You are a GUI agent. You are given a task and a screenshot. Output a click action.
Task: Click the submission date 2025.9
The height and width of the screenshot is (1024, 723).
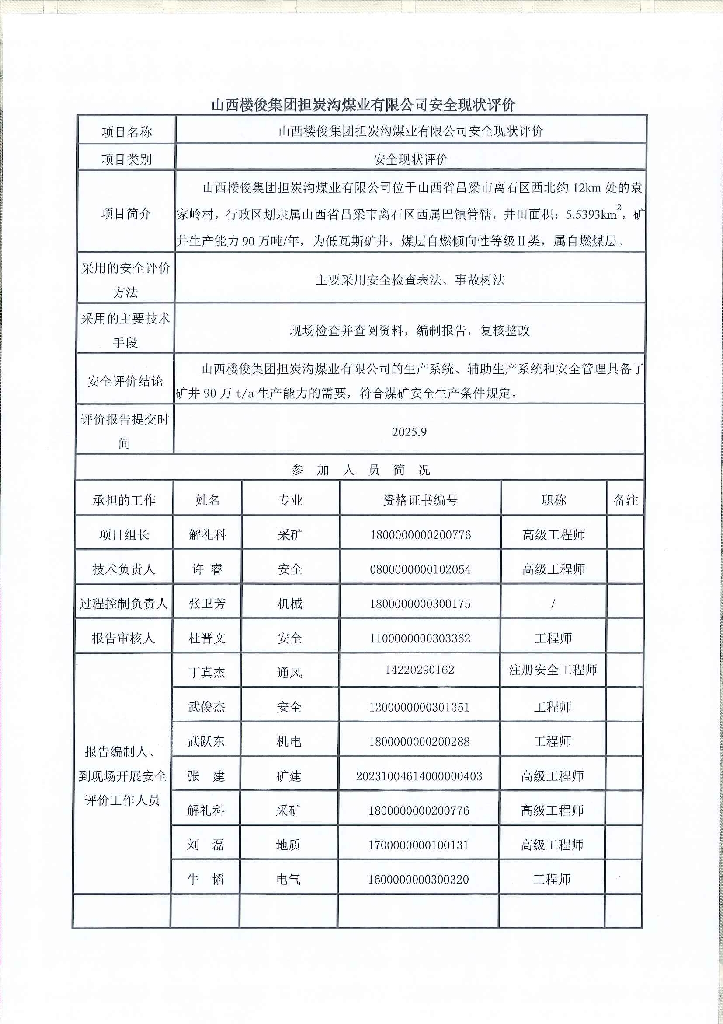coord(409,432)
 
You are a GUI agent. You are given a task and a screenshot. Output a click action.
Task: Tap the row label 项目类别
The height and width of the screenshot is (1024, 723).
coord(126,159)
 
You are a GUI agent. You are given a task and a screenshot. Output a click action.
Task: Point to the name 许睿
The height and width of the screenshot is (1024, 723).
coord(207,569)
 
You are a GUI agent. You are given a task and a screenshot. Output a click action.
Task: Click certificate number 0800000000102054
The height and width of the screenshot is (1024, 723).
coord(420,569)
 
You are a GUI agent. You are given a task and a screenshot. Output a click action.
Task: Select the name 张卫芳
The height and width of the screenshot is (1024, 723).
coord(207,603)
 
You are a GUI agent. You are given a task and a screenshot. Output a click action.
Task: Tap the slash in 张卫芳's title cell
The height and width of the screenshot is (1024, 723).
coord(553,603)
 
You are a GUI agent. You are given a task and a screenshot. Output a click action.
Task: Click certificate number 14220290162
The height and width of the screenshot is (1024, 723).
coord(420,670)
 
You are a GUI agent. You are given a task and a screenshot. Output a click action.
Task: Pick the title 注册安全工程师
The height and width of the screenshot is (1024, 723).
coord(553,670)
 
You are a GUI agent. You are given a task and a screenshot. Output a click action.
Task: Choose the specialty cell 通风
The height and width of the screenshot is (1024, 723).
coord(289,672)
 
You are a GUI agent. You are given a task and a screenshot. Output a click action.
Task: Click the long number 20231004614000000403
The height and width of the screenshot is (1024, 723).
coord(419,776)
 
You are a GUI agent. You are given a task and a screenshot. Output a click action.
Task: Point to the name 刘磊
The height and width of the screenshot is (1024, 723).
coord(206,845)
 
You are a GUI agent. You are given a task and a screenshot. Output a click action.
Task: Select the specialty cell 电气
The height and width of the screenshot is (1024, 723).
coord(289,880)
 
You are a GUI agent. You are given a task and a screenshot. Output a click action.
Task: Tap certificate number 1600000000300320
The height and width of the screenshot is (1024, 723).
coord(418,880)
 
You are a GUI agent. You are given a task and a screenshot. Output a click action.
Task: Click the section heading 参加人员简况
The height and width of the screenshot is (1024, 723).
coord(360,470)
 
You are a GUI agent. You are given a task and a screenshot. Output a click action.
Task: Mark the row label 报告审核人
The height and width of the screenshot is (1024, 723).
coord(123,638)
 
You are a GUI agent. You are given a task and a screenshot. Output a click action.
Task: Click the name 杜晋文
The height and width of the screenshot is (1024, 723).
coord(207,638)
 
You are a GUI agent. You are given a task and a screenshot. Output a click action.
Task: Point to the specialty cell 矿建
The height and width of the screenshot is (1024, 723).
coord(289,776)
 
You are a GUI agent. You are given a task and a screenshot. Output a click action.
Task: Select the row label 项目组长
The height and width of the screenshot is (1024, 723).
coord(124,535)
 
